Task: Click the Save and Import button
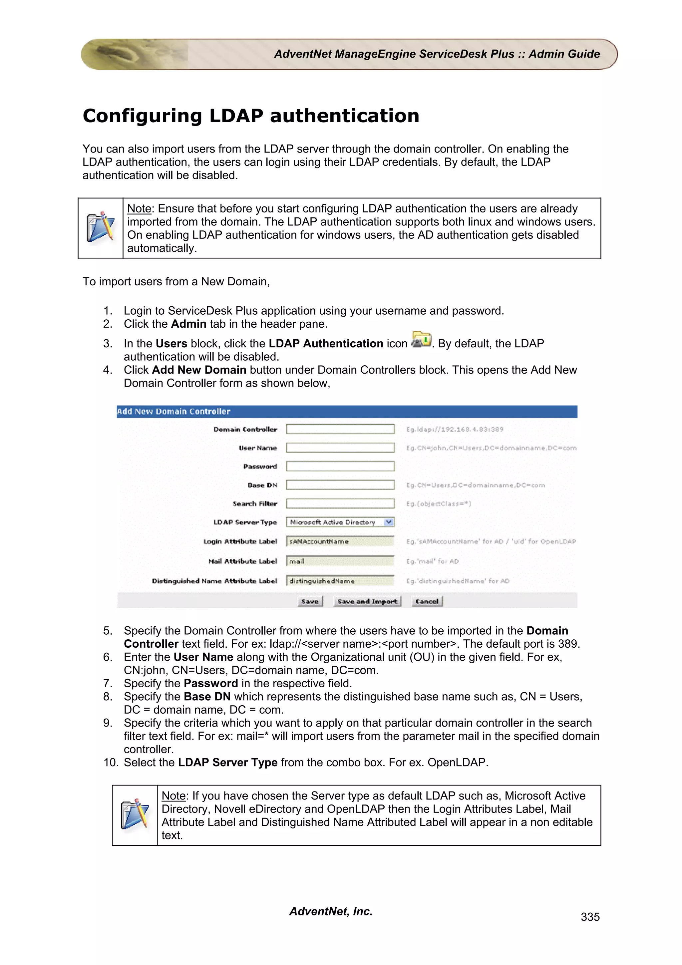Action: pos(367,601)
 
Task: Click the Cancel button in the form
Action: pos(427,601)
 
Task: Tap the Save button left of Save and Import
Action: pos(310,601)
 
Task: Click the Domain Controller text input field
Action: pos(340,429)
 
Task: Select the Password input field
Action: pos(340,466)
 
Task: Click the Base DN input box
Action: pos(340,485)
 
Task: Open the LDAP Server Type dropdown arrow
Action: pos(389,522)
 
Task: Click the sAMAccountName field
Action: pos(340,541)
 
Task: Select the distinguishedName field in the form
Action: pos(340,581)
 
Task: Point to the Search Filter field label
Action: pos(255,503)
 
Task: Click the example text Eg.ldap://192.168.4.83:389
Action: pos(454,430)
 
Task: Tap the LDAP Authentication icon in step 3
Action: pos(421,340)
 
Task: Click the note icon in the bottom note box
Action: pos(135,815)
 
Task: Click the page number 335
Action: pos(590,917)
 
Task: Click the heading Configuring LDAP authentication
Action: pos(251,116)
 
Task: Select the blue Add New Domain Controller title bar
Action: pos(347,412)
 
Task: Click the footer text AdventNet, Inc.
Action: pos(331,911)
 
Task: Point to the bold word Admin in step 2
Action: pos(188,324)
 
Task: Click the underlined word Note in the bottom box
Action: pos(173,796)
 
